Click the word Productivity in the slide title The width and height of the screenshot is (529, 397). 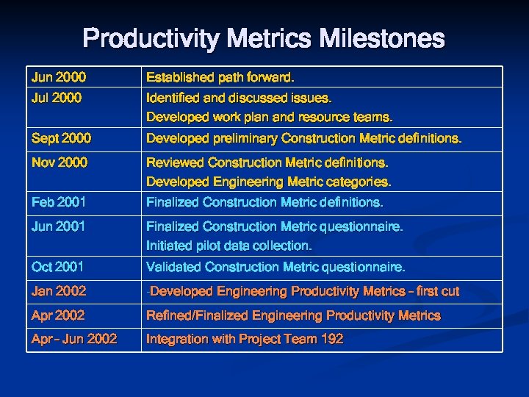coord(140,38)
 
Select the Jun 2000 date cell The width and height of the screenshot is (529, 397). coord(58,77)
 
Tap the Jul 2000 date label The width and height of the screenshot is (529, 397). coord(56,97)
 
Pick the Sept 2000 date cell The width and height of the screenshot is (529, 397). coord(61,138)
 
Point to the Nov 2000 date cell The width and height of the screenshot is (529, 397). coord(59,162)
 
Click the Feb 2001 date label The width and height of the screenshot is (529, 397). coord(58,201)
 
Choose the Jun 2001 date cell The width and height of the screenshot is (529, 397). coord(58,226)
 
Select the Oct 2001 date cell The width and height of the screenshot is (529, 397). coord(57,267)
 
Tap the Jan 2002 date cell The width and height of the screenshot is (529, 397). coord(59,291)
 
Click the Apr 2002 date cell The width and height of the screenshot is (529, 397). coord(58,315)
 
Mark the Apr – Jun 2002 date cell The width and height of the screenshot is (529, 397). coord(73,339)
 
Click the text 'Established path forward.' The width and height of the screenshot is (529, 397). coord(220,77)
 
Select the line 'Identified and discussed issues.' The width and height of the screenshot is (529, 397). coord(239,97)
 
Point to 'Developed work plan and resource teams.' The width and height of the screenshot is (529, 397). coord(270,117)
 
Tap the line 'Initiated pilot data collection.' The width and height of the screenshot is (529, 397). coord(229,246)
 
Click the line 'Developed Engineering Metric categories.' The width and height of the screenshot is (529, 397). coord(268,181)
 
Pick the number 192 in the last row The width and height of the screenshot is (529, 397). coord(331,339)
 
